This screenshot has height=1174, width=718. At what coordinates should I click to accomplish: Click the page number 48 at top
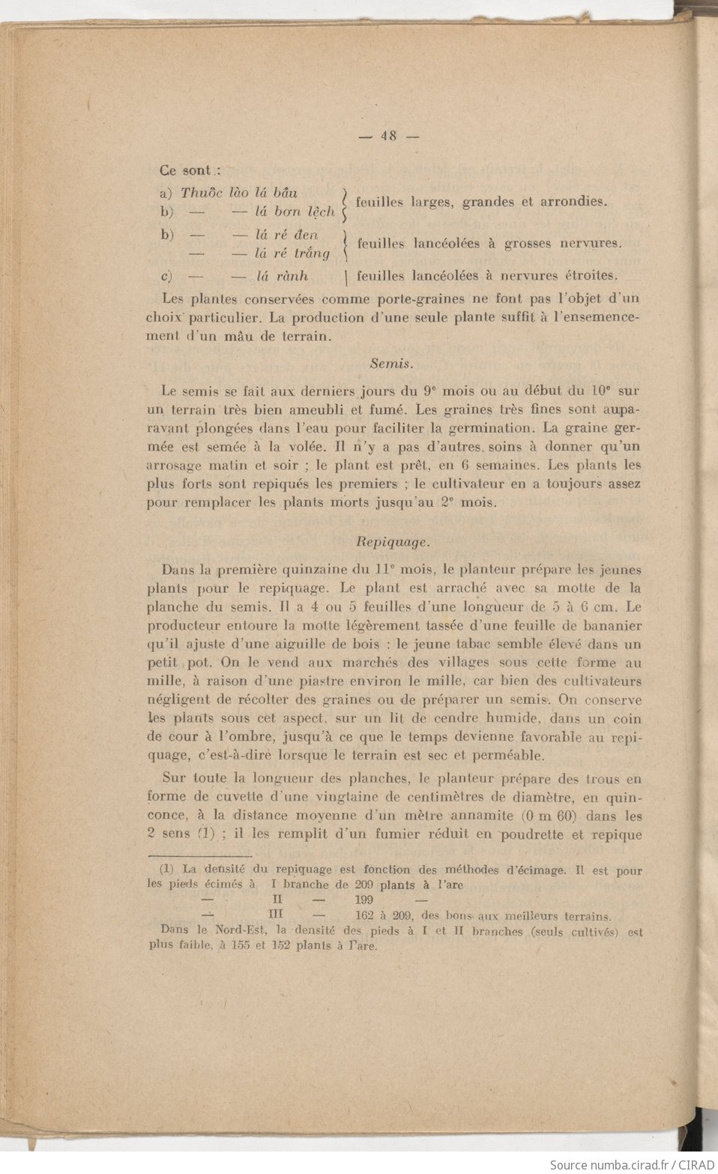388,136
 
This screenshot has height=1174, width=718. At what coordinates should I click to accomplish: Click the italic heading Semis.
391,364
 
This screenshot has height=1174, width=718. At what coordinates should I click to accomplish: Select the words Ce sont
185,171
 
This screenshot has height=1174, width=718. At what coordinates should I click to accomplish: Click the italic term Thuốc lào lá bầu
239,193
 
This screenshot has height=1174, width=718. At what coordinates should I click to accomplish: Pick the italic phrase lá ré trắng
292,253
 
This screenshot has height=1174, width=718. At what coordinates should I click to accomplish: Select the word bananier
609,625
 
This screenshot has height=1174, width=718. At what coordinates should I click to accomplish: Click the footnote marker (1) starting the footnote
166,870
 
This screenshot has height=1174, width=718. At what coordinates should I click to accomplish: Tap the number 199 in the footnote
363,900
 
